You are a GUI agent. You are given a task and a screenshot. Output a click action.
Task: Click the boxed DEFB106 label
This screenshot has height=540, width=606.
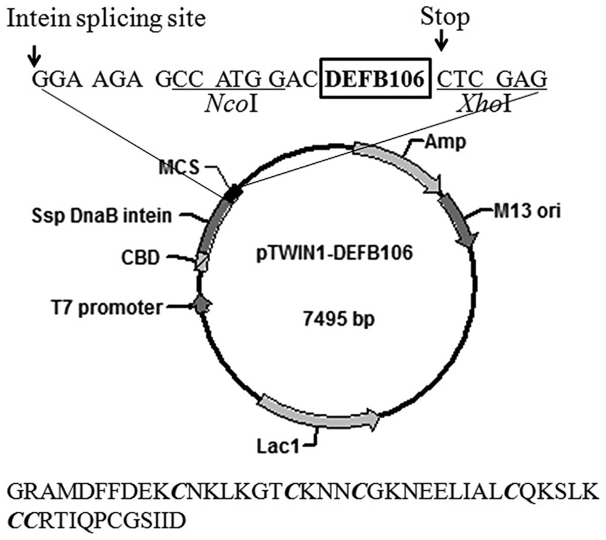click(376, 79)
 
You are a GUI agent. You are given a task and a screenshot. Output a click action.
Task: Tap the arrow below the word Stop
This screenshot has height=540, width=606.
click(442, 40)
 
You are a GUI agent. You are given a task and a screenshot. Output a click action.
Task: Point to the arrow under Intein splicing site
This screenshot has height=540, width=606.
click(34, 57)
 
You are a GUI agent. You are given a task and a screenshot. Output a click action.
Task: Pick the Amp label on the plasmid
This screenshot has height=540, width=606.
click(445, 142)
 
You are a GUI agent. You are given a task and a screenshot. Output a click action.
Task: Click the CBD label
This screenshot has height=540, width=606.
click(140, 257)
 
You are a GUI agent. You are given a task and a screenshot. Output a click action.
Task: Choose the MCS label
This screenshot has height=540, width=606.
click(179, 167)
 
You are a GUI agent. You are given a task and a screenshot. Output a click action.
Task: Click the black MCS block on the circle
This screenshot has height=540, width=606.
click(233, 194)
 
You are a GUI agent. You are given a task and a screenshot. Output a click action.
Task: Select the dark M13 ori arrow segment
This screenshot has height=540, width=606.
click(459, 221)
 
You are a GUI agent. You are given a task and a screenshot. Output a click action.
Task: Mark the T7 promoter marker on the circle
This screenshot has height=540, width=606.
click(202, 305)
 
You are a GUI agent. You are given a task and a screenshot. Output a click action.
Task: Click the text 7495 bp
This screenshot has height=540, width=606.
click(339, 318)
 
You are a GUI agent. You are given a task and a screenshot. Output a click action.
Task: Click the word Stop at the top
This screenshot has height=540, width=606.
click(445, 17)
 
